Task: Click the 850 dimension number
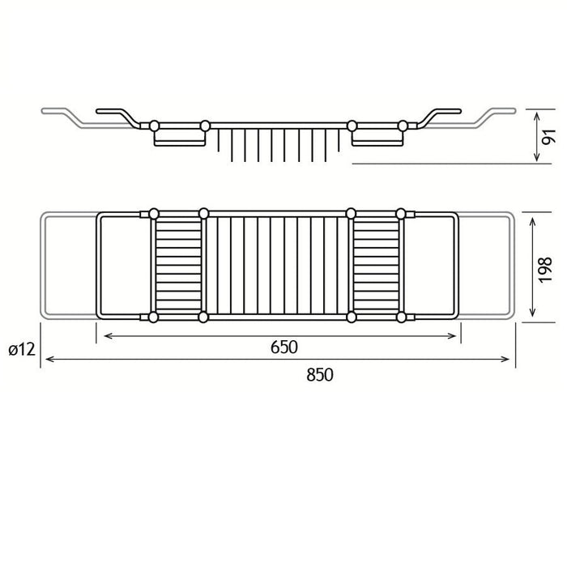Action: pyautogui.click(x=320, y=375)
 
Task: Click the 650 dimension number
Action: pyautogui.click(x=283, y=347)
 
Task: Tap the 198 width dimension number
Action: pyautogui.click(x=545, y=270)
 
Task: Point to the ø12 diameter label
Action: pyautogui.click(x=22, y=349)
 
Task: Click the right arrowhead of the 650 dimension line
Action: pyautogui.click(x=452, y=336)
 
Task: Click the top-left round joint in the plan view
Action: pyautogui.click(x=154, y=214)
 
